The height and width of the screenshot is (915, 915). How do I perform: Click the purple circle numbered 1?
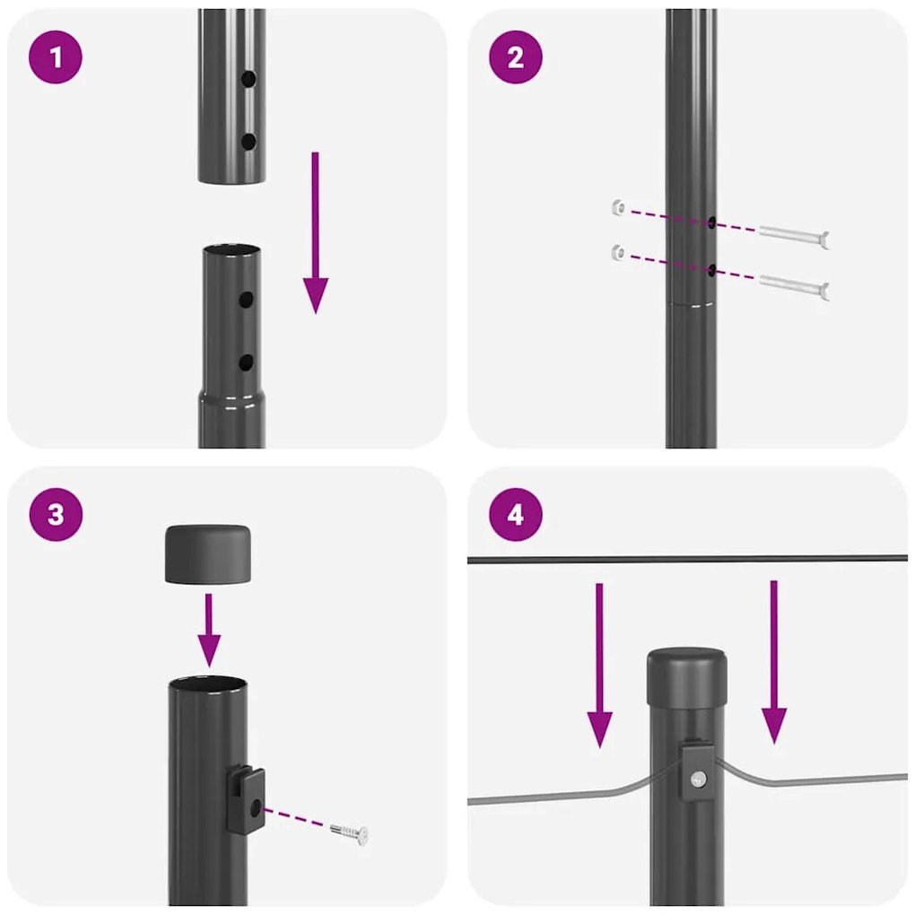(56, 57)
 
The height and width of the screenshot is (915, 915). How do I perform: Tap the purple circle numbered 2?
(515, 57)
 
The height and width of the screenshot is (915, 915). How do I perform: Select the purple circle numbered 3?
(56, 515)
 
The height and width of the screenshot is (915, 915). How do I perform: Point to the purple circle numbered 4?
(515, 515)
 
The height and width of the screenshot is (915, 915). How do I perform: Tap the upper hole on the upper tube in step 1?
(248, 80)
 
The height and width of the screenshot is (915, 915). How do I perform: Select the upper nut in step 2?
(616, 208)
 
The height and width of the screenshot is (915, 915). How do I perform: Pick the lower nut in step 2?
(616, 252)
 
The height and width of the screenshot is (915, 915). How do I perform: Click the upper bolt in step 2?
(794, 236)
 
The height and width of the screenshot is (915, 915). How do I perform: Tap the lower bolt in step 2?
(794, 286)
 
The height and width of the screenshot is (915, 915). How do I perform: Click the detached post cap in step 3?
(207, 553)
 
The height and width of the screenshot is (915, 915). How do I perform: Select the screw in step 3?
(349, 832)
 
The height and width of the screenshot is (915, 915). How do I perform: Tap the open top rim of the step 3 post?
(208, 684)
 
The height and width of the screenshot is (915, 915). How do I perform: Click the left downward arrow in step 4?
(600, 664)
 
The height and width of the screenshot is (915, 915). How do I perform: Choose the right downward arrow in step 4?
(774, 662)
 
